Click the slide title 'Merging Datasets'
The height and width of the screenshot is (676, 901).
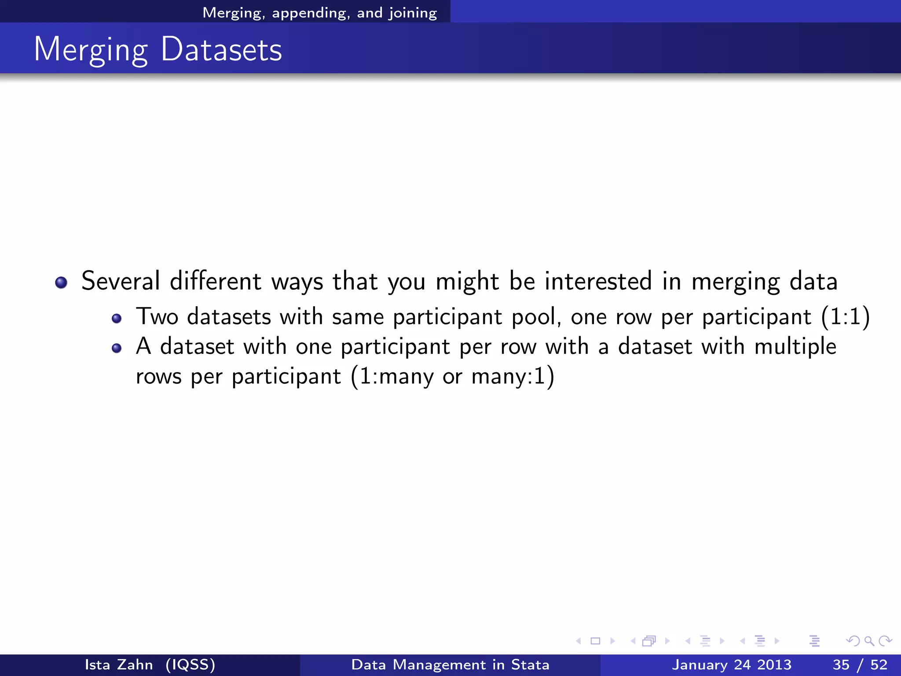point(157,49)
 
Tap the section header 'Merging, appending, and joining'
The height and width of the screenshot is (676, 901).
point(319,13)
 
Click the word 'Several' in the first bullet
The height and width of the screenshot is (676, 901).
point(121,281)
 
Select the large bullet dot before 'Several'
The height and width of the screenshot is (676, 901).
point(61,282)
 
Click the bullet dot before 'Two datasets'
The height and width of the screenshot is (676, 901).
point(116,318)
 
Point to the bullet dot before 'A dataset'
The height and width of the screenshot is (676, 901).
point(116,349)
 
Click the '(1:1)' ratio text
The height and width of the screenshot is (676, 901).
point(845,316)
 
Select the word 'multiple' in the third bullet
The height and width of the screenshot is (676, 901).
point(795,346)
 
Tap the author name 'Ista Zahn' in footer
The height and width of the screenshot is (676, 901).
point(119,665)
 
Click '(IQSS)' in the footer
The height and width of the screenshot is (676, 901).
point(190,665)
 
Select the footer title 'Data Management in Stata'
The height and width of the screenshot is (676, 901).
point(450,665)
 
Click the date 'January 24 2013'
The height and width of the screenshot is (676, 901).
point(731,665)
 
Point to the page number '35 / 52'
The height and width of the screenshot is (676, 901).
point(860,665)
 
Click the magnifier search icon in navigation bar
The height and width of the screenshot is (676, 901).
point(869,641)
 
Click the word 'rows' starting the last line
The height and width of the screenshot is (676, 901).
point(158,377)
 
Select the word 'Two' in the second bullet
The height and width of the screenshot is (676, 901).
point(157,316)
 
